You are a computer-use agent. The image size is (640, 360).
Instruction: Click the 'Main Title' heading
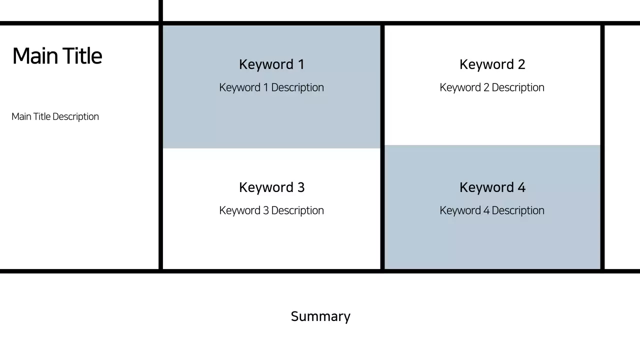(x=57, y=56)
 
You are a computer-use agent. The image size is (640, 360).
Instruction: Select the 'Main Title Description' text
(x=55, y=116)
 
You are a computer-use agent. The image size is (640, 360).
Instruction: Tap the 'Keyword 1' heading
(x=271, y=64)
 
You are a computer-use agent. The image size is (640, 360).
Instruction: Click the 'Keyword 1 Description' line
(x=271, y=87)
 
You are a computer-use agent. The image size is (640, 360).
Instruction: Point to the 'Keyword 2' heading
(x=492, y=64)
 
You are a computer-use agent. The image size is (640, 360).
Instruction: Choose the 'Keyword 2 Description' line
(x=492, y=87)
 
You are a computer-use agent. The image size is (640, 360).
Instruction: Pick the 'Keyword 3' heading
(x=271, y=187)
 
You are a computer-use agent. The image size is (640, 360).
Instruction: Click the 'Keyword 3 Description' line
(x=271, y=210)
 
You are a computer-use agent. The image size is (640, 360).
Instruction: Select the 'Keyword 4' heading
(x=492, y=187)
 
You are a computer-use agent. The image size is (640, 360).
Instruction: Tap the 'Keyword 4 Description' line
(x=492, y=210)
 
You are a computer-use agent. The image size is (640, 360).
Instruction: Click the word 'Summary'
(x=320, y=316)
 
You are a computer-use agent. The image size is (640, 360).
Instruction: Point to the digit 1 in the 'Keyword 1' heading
(x=301, y=64)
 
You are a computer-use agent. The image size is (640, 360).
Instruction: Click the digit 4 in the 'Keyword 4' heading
(x=521, y=187)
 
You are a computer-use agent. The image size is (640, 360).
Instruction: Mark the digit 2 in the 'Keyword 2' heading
(x=521, y=64)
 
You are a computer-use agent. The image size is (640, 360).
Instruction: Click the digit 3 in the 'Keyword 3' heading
(x=300, y=187)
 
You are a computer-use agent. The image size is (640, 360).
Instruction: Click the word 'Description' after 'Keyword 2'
(x=518, y=87)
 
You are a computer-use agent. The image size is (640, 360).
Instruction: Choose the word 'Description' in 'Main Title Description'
(x=75, y=116)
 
